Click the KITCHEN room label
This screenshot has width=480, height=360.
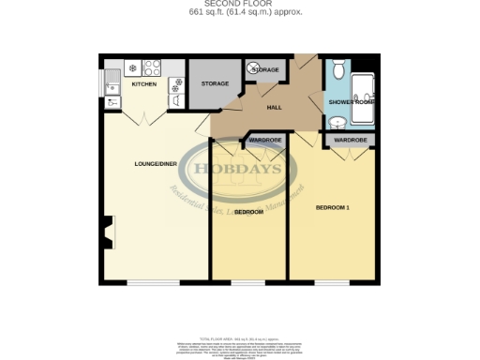coord(143,85)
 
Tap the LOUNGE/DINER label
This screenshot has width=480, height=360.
coord(156,164)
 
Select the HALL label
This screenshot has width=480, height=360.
coord(275,108)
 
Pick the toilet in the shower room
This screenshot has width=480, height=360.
coord(337,70)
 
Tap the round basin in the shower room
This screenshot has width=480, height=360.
coord(337,120)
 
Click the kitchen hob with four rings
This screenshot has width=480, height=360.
coord(149,68)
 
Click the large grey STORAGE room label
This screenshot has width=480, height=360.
coord(214,84)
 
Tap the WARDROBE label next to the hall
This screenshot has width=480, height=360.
coord(266,141)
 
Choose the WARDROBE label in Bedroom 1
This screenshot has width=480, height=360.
coord(350,141)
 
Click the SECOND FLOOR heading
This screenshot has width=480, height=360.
coord(240,4)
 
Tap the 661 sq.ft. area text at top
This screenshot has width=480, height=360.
coord(240,12)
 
